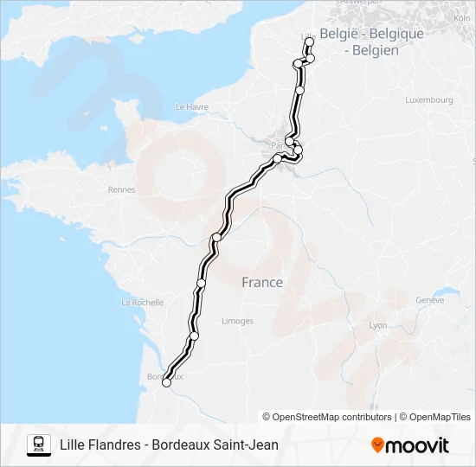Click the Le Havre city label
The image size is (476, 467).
pos(193,107)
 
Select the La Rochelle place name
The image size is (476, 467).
pos(143,303)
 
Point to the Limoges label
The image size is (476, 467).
pos(237,321)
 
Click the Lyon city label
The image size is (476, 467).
pos(378,325)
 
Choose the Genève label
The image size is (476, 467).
pos(429,300)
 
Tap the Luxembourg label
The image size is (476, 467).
pos(428,100)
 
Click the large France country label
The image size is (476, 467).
pos(262,282)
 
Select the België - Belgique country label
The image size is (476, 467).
pos(371,34)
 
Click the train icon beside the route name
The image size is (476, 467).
pos(38,445)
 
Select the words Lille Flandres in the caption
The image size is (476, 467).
pos(100,445)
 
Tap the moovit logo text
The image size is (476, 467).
pos(417,445)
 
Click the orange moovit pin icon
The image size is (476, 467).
pos(377,445)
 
